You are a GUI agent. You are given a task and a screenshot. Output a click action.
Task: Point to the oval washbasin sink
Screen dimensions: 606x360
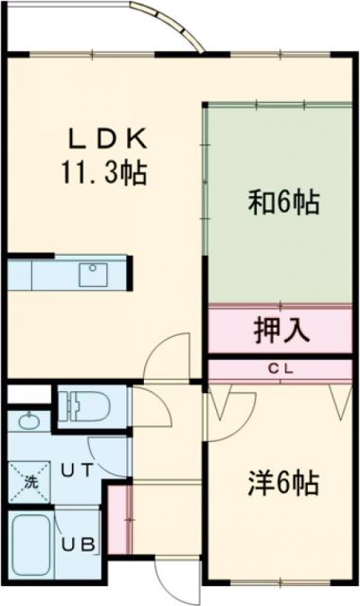pos(28,422)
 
